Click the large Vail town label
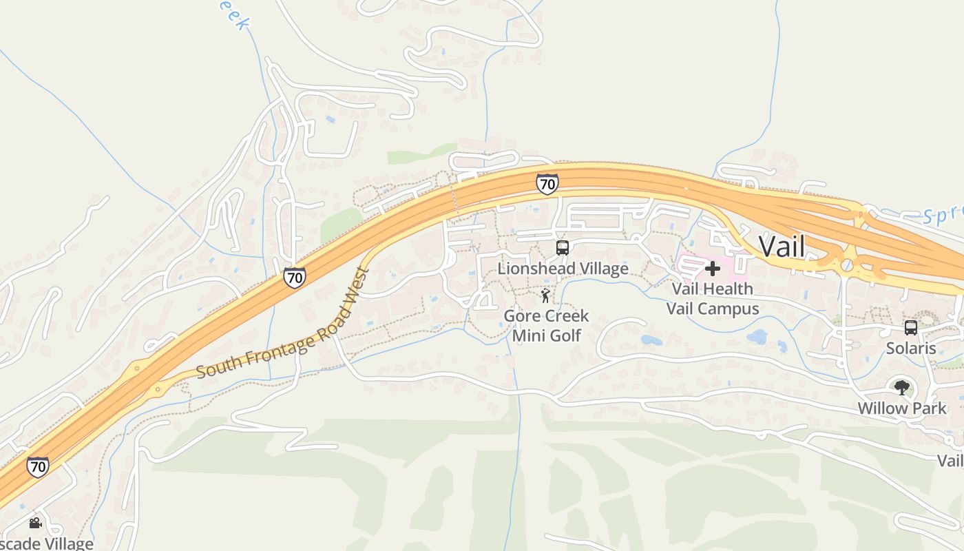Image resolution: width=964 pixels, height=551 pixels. coord(782,246)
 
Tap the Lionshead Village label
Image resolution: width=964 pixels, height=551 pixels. coord(563,269)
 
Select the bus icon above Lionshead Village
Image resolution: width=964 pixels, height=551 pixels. coord(563,248)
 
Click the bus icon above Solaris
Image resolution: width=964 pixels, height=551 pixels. coord(910,328)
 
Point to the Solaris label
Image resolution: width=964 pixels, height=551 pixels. coord(910,348)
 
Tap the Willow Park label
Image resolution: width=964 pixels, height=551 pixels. coord(901,408)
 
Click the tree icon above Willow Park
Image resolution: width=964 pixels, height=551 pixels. coord(901,387)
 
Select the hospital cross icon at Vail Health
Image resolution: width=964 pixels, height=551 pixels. coord(713,268)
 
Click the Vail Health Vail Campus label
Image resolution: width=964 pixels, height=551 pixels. coord(713,298)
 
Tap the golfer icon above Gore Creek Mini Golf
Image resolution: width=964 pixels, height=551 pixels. coord(545,296)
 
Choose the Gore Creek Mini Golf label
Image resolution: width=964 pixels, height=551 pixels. coord(546,326)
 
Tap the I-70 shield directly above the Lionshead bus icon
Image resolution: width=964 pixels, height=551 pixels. coord(547,184)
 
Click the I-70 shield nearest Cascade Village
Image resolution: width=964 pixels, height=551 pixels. coord(38,467)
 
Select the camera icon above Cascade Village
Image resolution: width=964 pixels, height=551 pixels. coord(35,523)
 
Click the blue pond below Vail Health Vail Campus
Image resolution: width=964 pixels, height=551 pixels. coord(757,337)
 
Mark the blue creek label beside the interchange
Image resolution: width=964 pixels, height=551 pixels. coord(942,215)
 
